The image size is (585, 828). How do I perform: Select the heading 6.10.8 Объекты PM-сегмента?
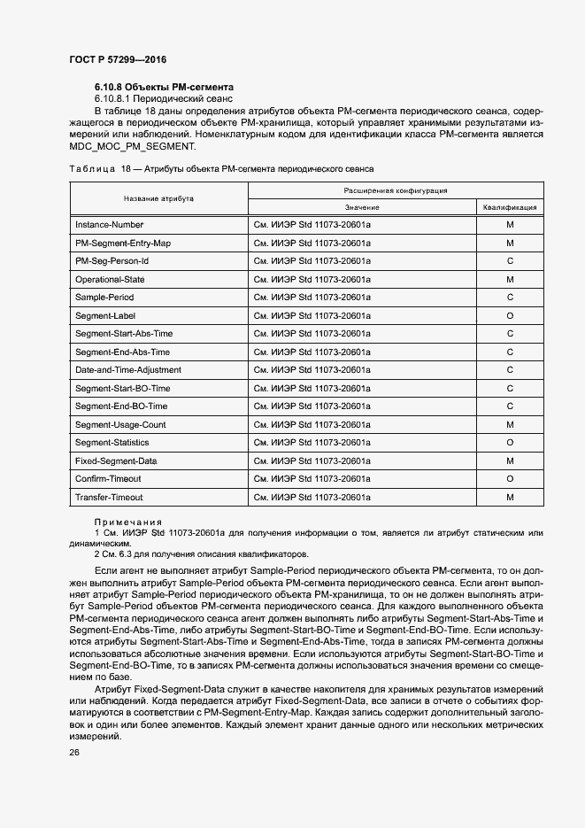[x=164, y=88]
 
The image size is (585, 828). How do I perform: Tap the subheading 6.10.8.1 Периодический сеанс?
[x=163, y=100]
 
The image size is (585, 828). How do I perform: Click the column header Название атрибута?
[x=158, y=198]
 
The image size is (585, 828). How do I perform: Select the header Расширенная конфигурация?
[x=395, y=190]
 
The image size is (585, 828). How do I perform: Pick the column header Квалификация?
[x=510, y=207]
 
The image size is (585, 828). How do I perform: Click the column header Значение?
[x=362, y=207]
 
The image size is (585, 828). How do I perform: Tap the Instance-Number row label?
[x=109, y=225]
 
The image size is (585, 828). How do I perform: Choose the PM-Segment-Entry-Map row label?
[x=123, y=243]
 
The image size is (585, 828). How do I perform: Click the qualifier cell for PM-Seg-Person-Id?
[x=510, y=261]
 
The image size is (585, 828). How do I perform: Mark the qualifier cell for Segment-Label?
[x=510, y=315]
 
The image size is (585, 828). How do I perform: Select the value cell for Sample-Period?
[x=312, y=298]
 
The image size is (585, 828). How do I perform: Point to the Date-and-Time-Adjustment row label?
[x=128, y=370]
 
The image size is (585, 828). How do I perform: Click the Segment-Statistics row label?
[x=112, y=443]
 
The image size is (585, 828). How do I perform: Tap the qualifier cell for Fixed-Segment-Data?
[x=510, y=461]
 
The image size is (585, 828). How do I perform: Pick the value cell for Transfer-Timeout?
[x=312, y=498]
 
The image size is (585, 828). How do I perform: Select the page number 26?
[x=73, y=752]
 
